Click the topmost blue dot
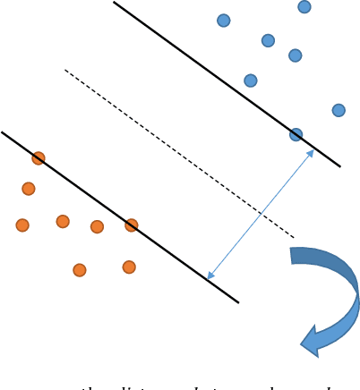304,7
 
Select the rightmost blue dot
339,110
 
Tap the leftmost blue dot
224,21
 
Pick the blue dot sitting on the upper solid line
296,135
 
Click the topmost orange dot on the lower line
39,158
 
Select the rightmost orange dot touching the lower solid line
132,225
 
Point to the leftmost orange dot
22,225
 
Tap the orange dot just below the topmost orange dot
29,189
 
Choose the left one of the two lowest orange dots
80,270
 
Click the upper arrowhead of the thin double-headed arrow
311,153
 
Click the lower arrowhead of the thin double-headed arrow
210,276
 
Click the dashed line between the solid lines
179,154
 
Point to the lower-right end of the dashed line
294,237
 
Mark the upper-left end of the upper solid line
114,3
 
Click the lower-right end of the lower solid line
238,302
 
